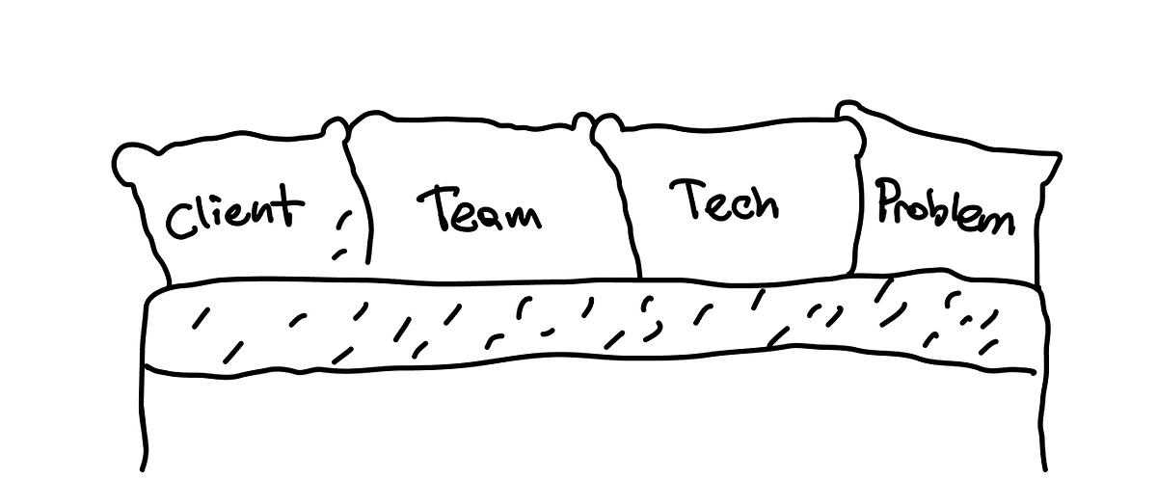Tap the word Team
click(479, 209)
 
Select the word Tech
click(724, 200)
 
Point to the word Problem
click(946, 206)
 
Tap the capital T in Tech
click(689, 198)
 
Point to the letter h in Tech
click(765, 204)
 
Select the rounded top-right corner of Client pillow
click(336, 128)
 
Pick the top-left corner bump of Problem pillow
click(848, 107)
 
